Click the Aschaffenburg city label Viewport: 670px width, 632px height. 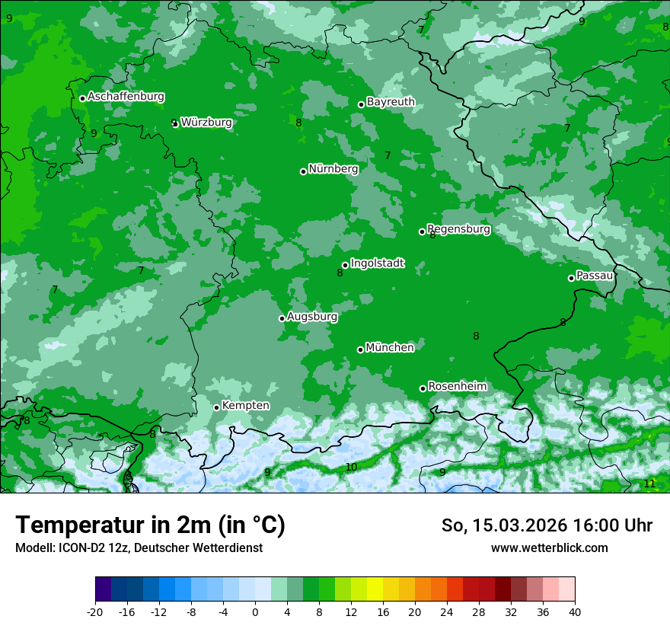click(x=126, y=97)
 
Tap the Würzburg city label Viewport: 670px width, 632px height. click(x=206, y=122)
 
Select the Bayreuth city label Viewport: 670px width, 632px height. click(x=391, y=101)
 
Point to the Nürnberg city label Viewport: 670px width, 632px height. click(x=333, y=168)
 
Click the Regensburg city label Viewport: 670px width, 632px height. click(x=458, y=228)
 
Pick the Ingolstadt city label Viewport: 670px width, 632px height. click(x=377, y=263)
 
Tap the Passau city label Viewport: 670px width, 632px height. click(x=595, y=275)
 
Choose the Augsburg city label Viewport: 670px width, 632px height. click(x=312, y=316)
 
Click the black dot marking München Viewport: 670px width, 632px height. click(x=361, y=350)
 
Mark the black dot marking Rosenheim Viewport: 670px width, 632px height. click(x=423, y=388)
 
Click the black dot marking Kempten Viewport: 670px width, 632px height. click(x=217, y=407)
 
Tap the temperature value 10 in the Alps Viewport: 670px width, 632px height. click(x=351, y=467)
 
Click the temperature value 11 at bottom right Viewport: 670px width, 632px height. click(x=649, y=484)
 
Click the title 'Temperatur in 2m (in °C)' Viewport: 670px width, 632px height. click(x=150, y=525)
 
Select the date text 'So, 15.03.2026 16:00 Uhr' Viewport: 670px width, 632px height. click(x=547, y=525)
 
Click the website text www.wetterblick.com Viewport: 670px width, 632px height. click(x=549, y=547)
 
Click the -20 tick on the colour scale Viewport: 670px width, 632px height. click(x=95, y=611)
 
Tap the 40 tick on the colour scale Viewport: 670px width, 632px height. click(x=575, y=611)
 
